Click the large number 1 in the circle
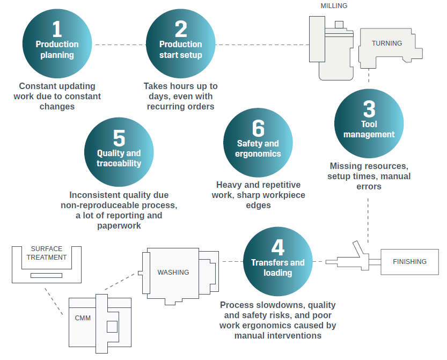57,28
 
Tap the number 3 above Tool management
369,109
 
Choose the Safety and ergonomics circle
258,143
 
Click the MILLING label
334,6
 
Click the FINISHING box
409,262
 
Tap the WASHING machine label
173,272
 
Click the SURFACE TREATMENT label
46,253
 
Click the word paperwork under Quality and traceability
119,226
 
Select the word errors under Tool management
369,187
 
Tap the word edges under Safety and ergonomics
258,205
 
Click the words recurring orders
181,106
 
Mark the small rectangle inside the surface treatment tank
46,275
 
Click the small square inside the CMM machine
112,326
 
